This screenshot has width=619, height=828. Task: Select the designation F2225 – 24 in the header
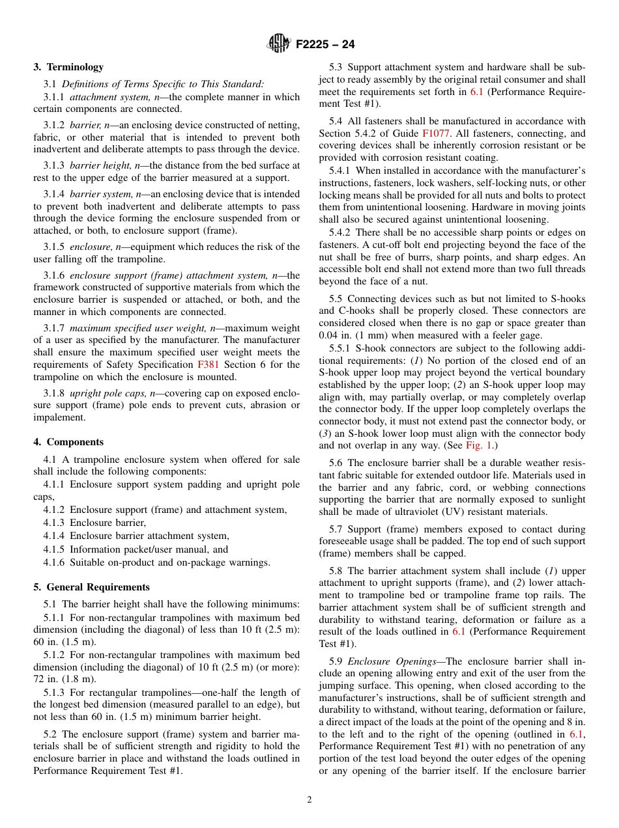coord(325,45)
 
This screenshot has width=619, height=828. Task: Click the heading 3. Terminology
coord(68,67)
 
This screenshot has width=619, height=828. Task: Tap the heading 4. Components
coord(68,442)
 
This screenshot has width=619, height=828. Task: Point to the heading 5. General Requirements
coord(91,586)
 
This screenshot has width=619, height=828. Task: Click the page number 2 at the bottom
coord(309,799)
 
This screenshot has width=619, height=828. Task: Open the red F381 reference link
coord(208,365)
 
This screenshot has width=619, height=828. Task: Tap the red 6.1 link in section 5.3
coord(477,92)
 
